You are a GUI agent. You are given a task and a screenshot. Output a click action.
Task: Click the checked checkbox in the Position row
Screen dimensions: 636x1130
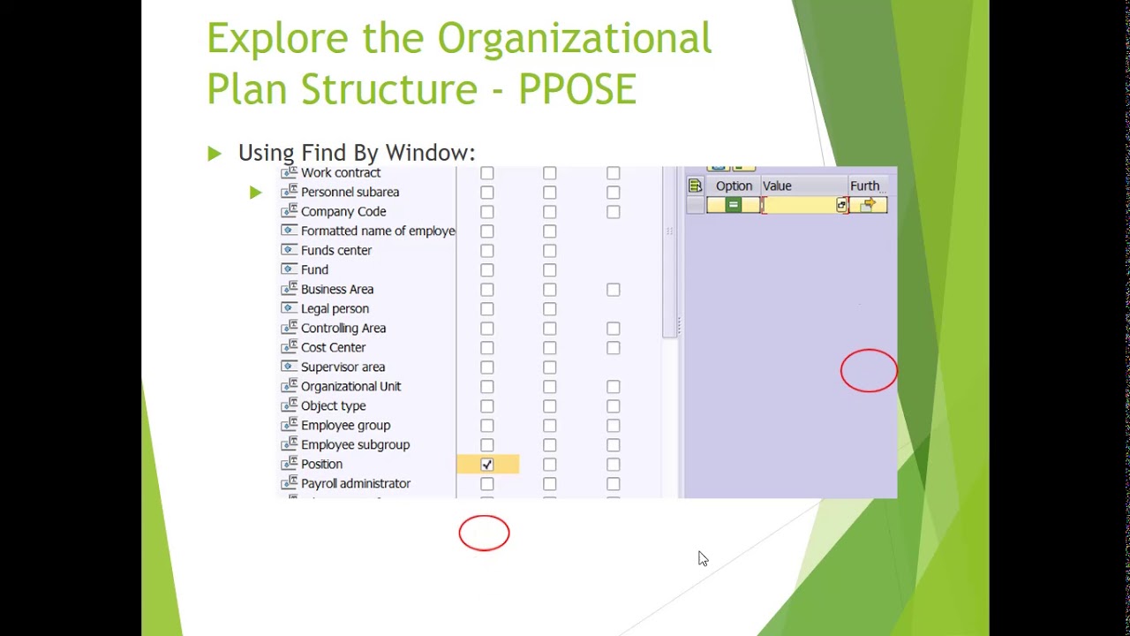click(487, 465)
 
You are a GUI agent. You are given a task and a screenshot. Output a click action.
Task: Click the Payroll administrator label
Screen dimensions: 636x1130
click(355, 484)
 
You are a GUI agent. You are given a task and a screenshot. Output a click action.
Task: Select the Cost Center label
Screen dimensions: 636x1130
click(333, 348)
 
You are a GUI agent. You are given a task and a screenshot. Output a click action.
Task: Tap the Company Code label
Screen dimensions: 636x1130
click(343, 212)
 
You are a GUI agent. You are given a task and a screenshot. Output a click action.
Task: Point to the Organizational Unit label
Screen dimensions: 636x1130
click(350, 387)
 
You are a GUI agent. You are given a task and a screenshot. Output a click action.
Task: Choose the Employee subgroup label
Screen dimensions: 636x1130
click(355, 445)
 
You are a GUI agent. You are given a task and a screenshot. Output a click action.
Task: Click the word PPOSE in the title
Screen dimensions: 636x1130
click(576, 89)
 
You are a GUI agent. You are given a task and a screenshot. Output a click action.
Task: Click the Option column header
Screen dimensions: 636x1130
click(734, 186)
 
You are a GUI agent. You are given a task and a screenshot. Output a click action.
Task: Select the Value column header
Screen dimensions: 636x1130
click(777, 186)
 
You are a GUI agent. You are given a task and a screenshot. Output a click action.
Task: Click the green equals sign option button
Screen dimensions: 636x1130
click(733, 206)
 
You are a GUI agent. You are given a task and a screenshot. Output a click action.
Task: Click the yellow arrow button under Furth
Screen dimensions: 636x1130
click(868, 206)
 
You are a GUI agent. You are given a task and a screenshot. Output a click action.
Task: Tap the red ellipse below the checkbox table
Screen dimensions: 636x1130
click(484, 534)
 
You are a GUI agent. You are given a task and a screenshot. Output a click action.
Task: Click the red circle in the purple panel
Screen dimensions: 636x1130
click(869, 371)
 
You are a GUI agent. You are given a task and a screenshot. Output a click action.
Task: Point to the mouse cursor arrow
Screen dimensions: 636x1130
click(703, 558)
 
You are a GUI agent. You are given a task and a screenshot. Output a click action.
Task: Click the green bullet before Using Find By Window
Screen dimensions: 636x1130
click(215, 154)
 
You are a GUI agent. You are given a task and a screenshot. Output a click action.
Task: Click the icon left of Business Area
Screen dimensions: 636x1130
click(288, 289)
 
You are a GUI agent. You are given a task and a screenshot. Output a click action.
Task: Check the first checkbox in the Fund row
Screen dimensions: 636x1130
click(487, 270)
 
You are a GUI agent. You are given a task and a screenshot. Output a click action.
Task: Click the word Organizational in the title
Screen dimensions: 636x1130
click(574, 39)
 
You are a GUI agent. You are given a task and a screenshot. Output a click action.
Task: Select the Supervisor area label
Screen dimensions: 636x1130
click(343, 367)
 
